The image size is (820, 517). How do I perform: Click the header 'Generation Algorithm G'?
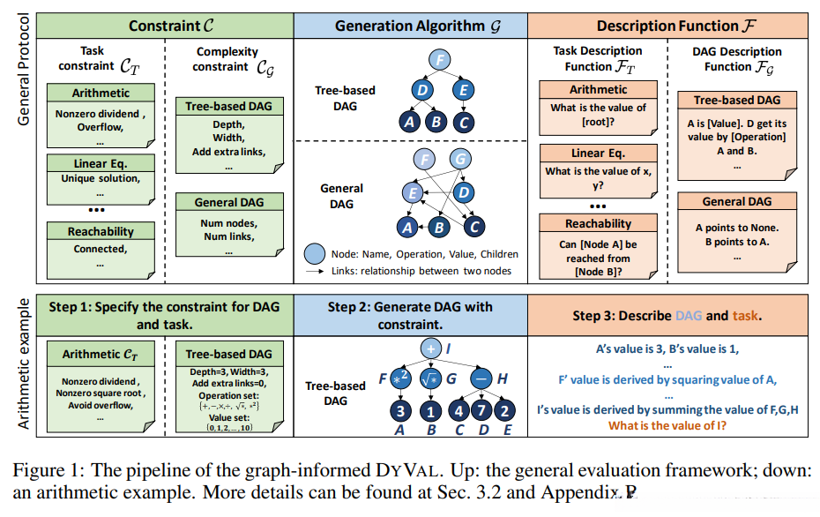click(x=410, y=26)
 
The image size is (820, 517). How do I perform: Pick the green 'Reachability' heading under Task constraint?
click(x=101, y=231)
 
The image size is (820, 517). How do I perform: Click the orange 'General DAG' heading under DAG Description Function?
click(x=737, y=202)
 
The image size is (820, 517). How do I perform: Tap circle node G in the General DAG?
click(x=460, y=160)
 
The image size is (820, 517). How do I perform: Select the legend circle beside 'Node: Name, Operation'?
click(x=316, y=254)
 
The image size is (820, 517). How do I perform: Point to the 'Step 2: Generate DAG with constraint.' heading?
click(x=410, y=315)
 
